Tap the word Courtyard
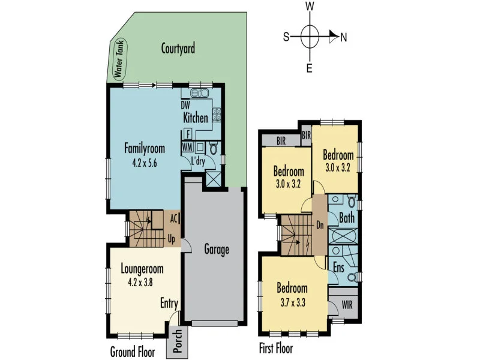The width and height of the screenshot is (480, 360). point(178,49)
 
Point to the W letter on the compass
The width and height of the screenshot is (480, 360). point(310,6)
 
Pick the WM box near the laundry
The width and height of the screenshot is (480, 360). point(187,146)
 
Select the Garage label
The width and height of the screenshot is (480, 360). point(216,249)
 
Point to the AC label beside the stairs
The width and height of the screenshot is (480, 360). point(173,219)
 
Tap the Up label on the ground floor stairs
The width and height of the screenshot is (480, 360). point(171,239)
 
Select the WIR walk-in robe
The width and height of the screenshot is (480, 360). point(346,304)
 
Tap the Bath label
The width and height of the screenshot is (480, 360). point(347,217)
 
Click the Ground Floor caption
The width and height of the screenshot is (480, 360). point(131,350)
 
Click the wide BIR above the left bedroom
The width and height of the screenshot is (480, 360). point(281,141)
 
